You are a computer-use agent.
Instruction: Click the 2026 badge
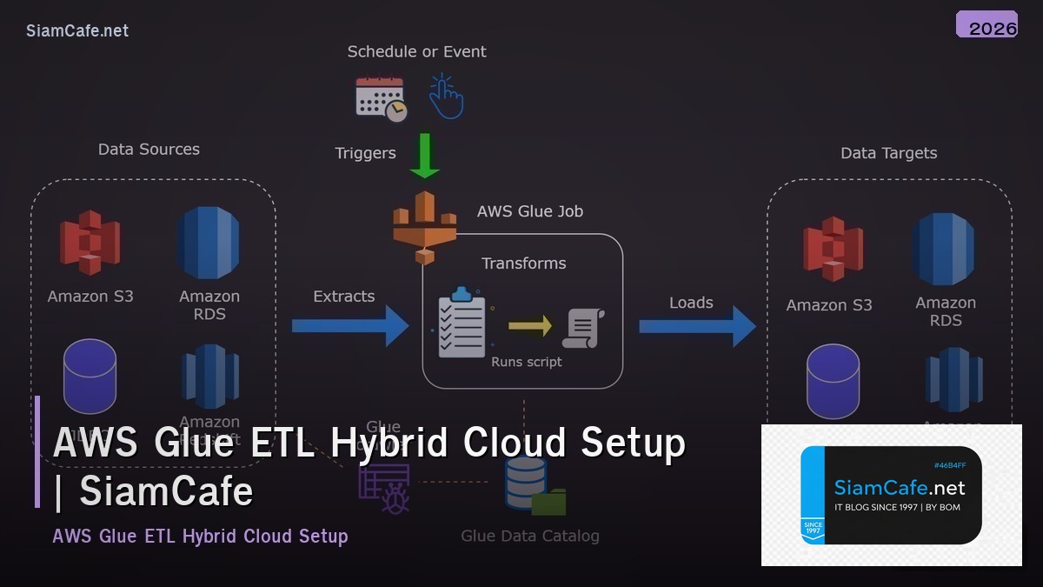coord(987,25)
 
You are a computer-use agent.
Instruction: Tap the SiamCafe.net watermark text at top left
coord(77,31)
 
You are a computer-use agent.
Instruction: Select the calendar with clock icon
coord(381,98)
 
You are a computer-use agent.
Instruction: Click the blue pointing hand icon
coord(446,97)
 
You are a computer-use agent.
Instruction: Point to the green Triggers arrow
coord(424,155)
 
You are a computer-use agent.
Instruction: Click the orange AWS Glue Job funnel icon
coord(424,225)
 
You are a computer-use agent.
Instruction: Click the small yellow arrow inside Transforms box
coord(530,326)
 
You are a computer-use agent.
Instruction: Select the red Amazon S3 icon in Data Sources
coord(90,243)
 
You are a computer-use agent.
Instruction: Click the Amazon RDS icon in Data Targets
coord(945,248)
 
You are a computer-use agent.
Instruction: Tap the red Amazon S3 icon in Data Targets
coord(833,250)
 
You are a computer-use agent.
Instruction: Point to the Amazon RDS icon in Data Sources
coord(209,243)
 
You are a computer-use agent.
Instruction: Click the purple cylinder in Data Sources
coord(90,376)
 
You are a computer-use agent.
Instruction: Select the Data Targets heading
coord(888,153)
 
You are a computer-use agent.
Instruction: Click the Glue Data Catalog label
coord(529,536)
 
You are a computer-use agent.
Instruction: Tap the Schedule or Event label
coord(416,52)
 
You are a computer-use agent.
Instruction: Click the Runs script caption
coord(526,362)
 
